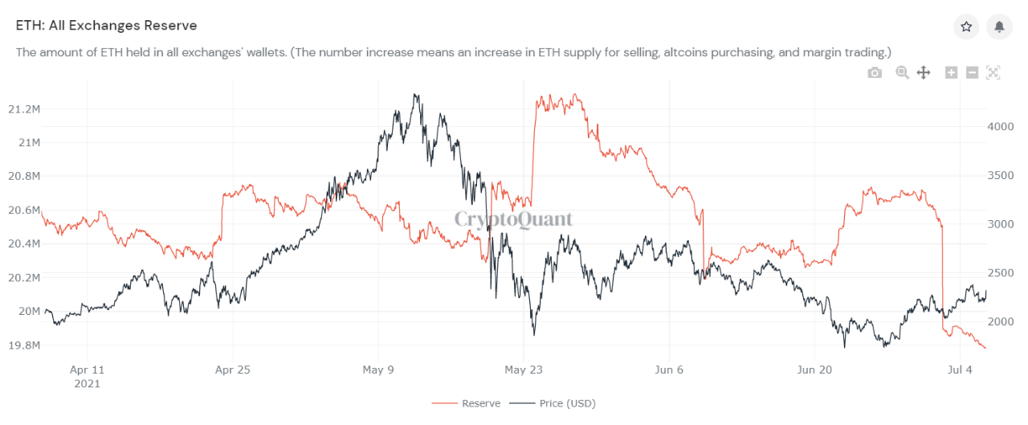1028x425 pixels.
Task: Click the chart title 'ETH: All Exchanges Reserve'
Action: [107, 26]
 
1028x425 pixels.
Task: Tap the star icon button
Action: [966, 27]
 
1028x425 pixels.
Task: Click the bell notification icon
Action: [999, 27]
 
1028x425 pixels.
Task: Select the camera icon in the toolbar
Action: [875, 73]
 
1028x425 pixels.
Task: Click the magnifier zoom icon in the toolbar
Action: [902, 73]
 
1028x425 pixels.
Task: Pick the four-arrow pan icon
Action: [924, 73]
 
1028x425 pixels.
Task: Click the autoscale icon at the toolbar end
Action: [993, 73]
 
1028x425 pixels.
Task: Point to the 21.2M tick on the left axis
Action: [24, 108]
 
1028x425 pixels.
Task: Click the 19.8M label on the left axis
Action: [24, 345]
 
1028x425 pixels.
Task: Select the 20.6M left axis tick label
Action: [24, 210]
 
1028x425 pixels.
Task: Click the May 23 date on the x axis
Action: [524, 370]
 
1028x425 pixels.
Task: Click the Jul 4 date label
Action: [961, 370]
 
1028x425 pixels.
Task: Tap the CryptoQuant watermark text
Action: [514, 219]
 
